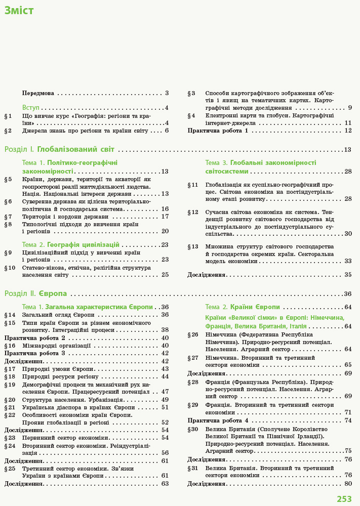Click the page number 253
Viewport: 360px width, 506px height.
(x=344, y=499)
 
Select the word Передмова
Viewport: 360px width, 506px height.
(x=38, y=93)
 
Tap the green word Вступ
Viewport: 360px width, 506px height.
(x=31, y=108)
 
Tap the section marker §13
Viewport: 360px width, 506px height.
(x=193, y=246)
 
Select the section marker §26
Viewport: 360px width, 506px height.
(x=193, y=334)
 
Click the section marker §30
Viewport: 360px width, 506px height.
(x=193, y=429)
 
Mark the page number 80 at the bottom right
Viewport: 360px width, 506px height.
(x=348, y=484)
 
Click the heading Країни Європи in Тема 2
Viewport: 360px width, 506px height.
(x=255, y=307)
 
